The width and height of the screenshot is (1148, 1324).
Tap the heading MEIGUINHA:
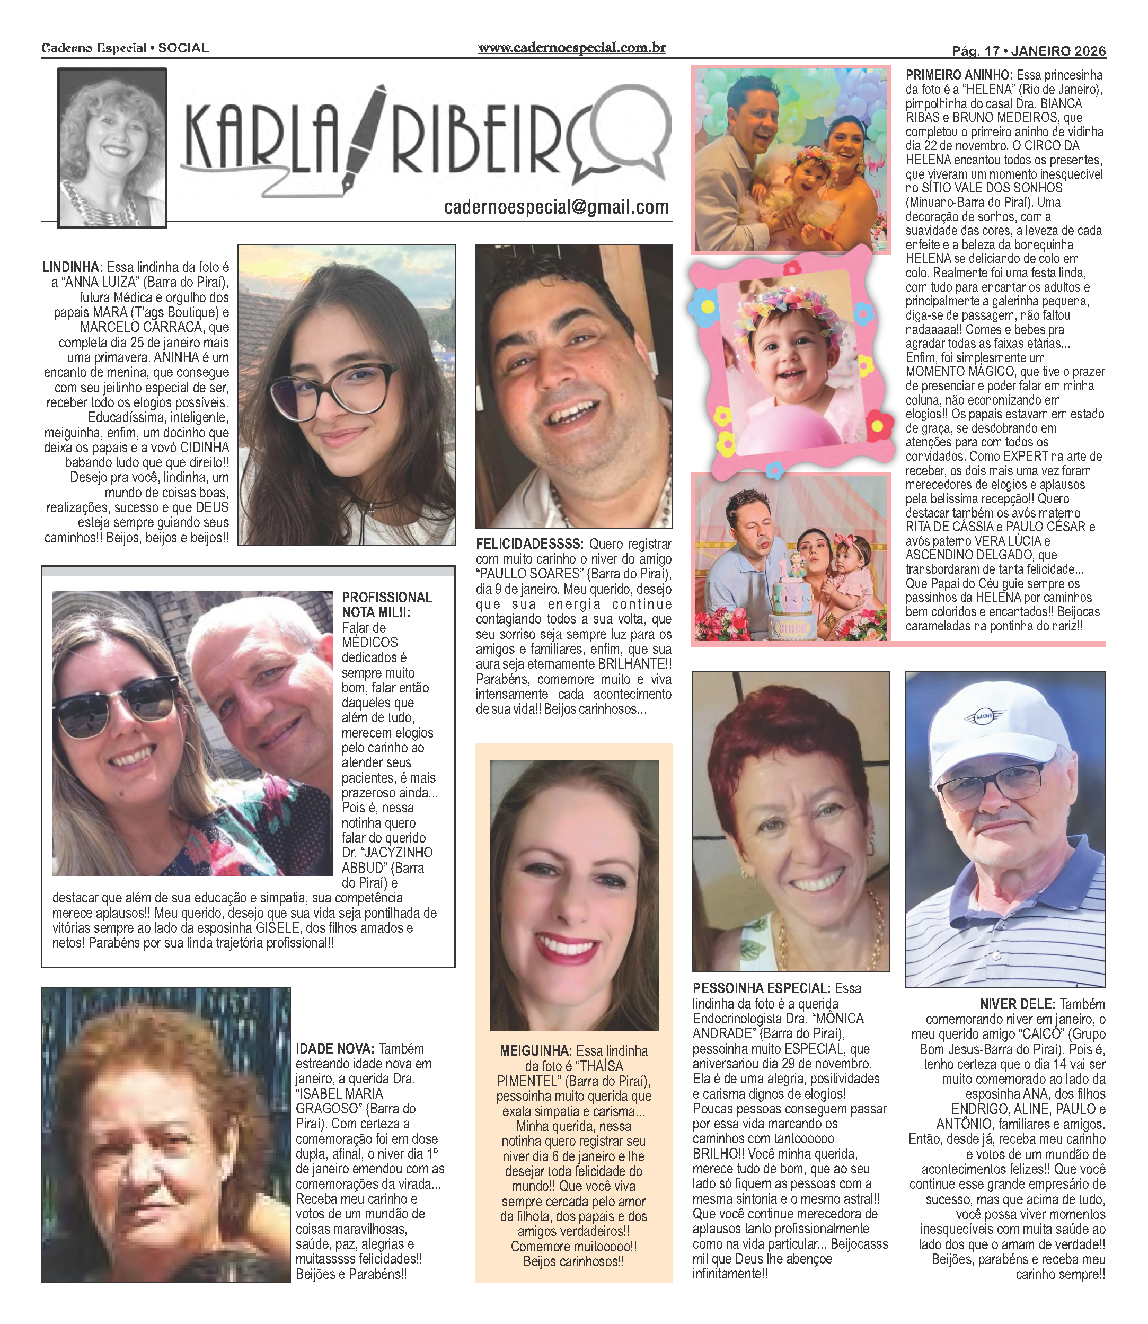pos(535,1051)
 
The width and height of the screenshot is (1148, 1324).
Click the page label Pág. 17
pos(975,50)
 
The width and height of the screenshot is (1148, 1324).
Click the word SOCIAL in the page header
pos(183,48)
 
